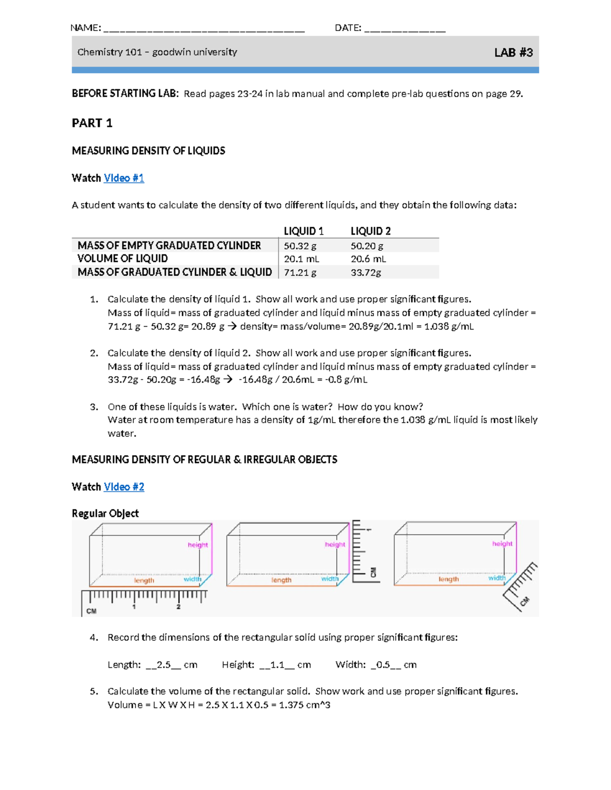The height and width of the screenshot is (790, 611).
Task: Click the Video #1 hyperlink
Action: pyautogui.click(x=124, y=178)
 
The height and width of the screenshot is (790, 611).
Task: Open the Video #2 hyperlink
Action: pyautogui.click(x=124, y=487)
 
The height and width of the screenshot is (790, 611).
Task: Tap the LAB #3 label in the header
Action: pyautogui.click(x=513, y=52)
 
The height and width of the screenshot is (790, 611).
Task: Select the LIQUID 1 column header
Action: pyautogui.click(x=303, y=231)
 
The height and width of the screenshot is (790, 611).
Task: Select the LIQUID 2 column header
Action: pyautogui.click(x=371, y=231)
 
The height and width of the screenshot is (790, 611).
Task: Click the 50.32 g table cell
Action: pyautogui.click(x=300, y=246)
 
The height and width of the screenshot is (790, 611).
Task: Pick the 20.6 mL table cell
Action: pyautogui.click(x=368, y=259)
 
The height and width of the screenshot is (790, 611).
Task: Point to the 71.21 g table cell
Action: pyautogui.click(x=300, y=273)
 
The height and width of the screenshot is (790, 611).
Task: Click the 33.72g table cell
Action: pyautogui.click(x=366, y=273)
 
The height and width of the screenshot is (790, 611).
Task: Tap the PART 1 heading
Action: pyautogui.click(x=92, y=123)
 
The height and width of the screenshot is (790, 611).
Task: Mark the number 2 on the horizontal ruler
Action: pyautogui.click(x=178, y=607)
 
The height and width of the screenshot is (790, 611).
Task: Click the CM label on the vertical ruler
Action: pyautogui.click(x=373, y=572)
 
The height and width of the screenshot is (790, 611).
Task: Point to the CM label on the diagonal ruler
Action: pyautogui.click(x=524, y=601)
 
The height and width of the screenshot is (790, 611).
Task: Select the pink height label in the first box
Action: pyautogui.click(x=198, y=545)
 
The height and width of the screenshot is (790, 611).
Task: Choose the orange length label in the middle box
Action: pyautogui.click(x=281, y=580)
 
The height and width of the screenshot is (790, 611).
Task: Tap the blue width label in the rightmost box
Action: pyautogui.click(x=497, y=578)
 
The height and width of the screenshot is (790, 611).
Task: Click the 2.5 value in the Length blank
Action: pyautogui.click(x=163, y=665)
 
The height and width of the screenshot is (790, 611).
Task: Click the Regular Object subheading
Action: pyautogui.click(x=105, y=513)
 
